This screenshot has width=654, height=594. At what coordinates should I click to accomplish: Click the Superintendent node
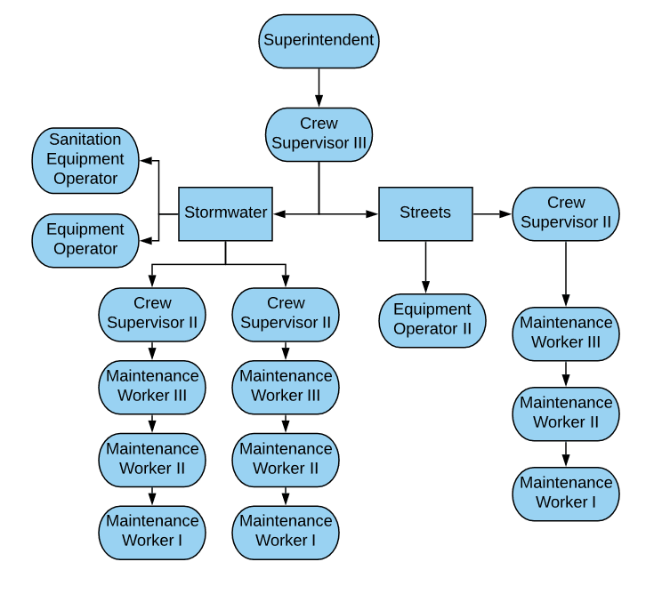pyautogui.click(x=319, y=41)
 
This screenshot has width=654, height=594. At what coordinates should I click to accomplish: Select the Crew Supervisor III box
pyautogui.click(x=319, y=134)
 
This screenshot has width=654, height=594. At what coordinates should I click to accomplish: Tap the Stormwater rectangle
pyautogui.click(x=225, y=213)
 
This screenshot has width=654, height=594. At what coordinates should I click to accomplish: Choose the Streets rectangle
pyautogui.click(x=425, y=213)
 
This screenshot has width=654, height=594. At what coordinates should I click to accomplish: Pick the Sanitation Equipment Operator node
pyautogui.click(x=85, y=160)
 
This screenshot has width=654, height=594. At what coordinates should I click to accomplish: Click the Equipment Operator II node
pyautogui.click(x=432, y=320)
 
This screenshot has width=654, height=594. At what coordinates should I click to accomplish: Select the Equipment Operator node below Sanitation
pyautogui.click(x=85, y=240)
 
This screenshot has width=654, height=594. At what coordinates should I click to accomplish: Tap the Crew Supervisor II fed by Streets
pyautogui.click(x=566, y=213)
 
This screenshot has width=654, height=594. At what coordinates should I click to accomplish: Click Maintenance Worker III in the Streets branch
pyautogui.click(x=566, y=333)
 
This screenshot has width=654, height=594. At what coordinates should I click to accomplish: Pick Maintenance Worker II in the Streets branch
pyautogui.click(x=566, y=413)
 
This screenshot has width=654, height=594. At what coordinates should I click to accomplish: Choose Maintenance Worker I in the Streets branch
pyautogui.click(x=566, y=493)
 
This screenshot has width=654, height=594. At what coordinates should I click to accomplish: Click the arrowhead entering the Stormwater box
pyautogui.click(x=278, y=213)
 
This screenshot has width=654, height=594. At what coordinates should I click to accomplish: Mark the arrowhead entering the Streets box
pyautogui.click(x=373, y=213)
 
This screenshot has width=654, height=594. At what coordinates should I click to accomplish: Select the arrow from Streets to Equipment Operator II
pyautogui.click(x=425, y=267)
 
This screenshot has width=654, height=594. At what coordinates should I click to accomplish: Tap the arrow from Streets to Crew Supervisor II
pyautogui.click(x=492, y=213)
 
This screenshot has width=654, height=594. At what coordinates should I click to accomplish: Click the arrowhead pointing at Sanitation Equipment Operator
pyautogui.click(x=146, y=161)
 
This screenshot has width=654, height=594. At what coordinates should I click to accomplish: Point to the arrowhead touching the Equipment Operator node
pyautogui.click(x=146, y=240)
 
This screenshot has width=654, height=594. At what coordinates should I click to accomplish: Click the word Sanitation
pyautogui.click(x=85, y=140)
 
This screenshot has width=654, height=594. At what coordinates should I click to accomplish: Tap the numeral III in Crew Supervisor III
pyautogui.click(x=354, y=143)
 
